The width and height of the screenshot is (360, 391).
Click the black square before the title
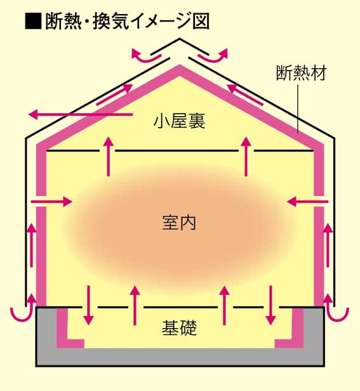pos(33,22)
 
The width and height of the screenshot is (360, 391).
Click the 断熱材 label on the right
pos(302,73)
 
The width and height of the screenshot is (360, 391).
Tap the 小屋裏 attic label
pos(180,121)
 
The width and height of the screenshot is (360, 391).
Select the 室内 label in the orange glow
pos(179,223)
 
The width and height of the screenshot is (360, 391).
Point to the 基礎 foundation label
pos(179,328)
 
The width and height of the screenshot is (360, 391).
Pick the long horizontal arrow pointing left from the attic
pos(81,115)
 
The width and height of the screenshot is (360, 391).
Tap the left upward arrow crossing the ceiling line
pos(109,157)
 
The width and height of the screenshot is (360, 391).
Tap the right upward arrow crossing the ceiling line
pos(246,157)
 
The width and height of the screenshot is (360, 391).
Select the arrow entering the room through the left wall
pos(51,201)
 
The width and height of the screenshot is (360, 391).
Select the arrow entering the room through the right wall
pos(307,201)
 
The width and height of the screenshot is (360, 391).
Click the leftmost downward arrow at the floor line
pos(88,305)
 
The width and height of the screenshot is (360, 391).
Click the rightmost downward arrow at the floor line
pos(270,305)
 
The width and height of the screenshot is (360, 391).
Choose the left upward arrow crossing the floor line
pos(135,305)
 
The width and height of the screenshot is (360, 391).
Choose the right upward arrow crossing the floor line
pos(225,305)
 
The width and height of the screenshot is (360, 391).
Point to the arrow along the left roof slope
pos(114,95)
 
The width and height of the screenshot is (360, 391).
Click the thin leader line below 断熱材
pos(298,108)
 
